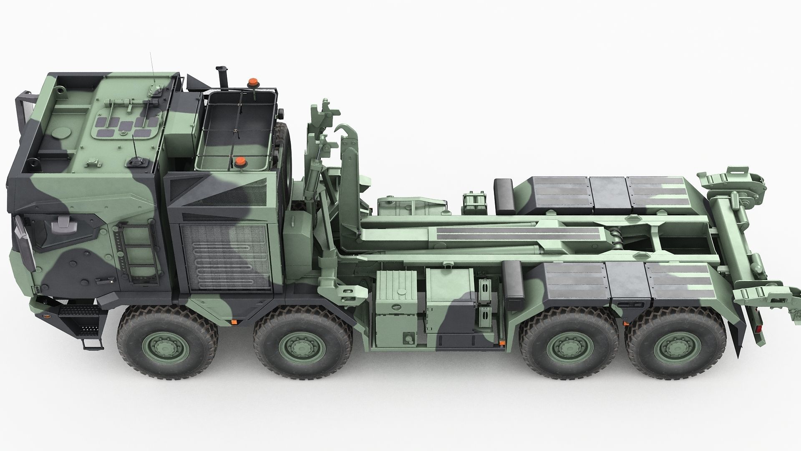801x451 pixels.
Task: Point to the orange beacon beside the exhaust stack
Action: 252,82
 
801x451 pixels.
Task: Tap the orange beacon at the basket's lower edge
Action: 239,162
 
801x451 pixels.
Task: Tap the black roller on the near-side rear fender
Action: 514,279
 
